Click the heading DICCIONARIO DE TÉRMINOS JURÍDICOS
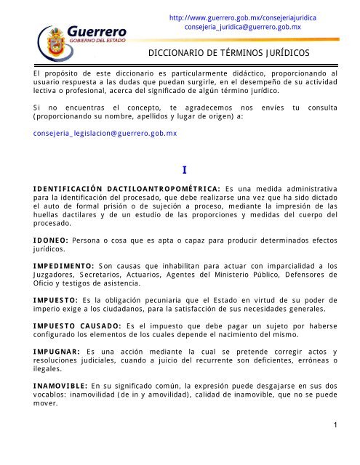coord(229,54)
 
